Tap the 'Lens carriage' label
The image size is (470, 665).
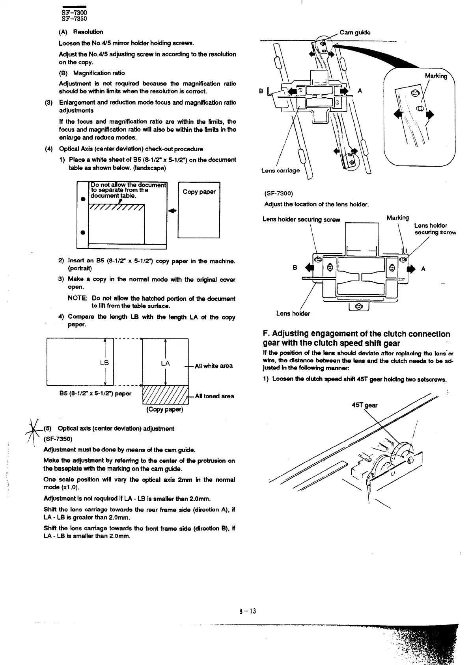pyautogui.click(x=280, y=171)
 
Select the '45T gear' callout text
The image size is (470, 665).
pyautogui.click(x=364, y=405)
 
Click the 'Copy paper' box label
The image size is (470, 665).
pyautogui.click(x=199, y=192)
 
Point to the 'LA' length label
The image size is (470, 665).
pyautogui.click(x=165, y=363)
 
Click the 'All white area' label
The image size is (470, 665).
pyautogui.click(x=214, y=366)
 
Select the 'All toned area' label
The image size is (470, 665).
pyautogui.click(x=214, y=396)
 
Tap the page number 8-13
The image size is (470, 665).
pyautogui.click(x=248, y=611)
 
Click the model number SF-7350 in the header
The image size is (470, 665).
pyautogui.click(x=74, y=19)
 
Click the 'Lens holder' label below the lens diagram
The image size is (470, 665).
pyautogui.click(x=293, y=314)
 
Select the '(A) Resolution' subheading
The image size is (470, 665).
pyautogui.click(x=80, y=32)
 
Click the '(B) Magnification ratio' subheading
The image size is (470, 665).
pyautogui.click(x=91, y=73)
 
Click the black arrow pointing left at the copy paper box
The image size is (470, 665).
pyautogui.click(x=172, y=211)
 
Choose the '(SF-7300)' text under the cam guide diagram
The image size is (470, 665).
pyautogui.click(x=278, y=193)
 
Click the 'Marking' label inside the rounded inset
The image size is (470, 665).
pyautogui.click(x=436, y=76)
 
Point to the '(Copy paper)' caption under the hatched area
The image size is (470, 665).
pyautogui.click(x=165, y=409)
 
